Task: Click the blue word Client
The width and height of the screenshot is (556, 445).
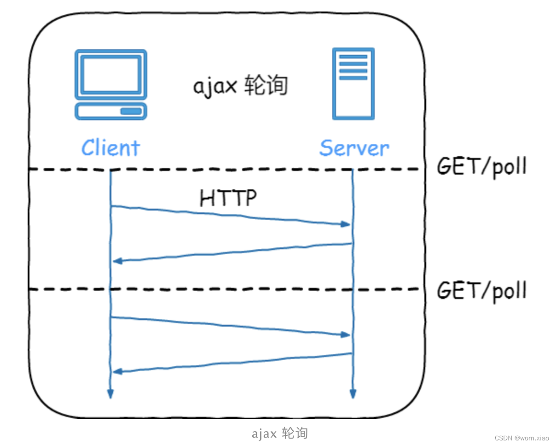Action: tap(110, 148)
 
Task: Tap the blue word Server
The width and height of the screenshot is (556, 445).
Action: tap(354, 148)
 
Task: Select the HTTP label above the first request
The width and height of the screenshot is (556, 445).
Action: tap(228, 198)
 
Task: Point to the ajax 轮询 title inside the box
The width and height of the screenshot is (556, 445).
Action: tap(240, 86)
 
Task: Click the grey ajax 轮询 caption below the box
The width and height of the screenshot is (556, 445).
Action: tap(279, 433)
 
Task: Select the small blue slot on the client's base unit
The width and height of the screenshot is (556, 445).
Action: tap(131, 111)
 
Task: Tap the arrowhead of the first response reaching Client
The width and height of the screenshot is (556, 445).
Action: tap(117, 261)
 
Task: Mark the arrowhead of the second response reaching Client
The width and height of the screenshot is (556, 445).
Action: tap(117, 371)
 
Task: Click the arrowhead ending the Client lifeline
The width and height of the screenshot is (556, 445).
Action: tap(110, 394)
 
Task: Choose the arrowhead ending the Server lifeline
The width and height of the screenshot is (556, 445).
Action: tap(353, 394)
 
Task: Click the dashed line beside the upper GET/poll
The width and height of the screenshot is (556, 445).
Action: tap(230, 170)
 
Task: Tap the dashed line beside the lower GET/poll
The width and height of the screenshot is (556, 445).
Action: tap(230, 289)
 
